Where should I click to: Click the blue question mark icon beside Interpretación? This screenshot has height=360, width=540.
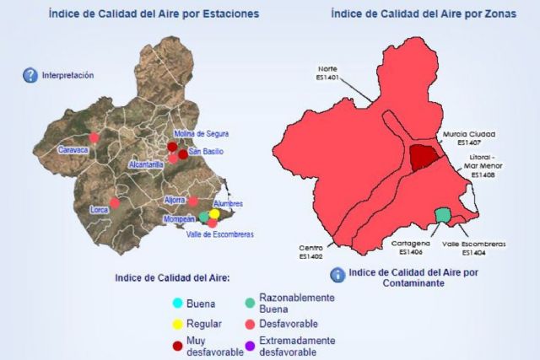(30, 75)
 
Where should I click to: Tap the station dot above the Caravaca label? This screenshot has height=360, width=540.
(94, 137)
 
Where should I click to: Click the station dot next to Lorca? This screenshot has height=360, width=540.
(115, 202)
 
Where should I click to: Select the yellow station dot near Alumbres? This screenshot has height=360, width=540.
(214, 214)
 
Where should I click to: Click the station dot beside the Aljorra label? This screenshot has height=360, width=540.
(193, 201)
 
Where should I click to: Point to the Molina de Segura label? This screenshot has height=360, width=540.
(201, 134)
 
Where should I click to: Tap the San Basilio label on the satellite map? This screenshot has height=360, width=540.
(206, 152)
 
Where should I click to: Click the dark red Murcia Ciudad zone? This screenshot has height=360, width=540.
(426, 157)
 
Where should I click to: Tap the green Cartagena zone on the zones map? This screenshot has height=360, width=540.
(442, 215)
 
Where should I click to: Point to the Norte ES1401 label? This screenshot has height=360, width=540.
(327, 73)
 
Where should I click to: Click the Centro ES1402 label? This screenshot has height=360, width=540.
(310, 252)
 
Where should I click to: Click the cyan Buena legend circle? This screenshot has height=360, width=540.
(176, 304)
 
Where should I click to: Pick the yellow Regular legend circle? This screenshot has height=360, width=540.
(176, 324)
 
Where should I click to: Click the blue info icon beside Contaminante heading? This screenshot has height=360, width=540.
(337, 275)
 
